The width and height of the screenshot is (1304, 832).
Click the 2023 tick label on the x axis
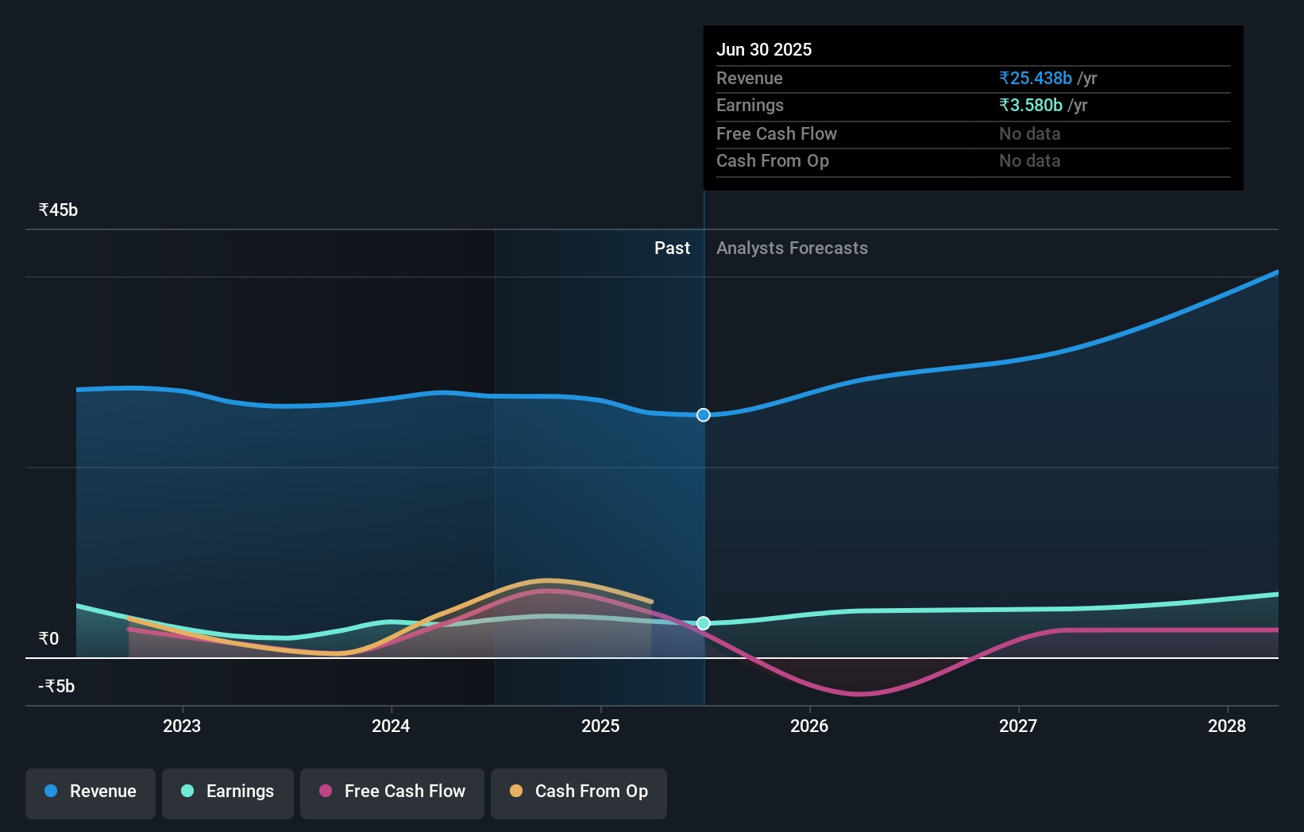[182, 726]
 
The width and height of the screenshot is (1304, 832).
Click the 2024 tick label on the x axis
[391, 726]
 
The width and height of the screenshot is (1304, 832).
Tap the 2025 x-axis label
[600, 726]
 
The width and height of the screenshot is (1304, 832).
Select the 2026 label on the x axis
[809, 726]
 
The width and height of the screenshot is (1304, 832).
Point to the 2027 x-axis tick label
[1018, 726]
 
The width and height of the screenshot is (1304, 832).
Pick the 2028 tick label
[1227, 726]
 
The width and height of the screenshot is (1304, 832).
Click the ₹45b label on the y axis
[58, 210]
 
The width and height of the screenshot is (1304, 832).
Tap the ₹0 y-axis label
[48, 638]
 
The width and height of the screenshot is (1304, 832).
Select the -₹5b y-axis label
[56, 686]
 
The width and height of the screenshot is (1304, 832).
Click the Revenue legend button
[91, 792]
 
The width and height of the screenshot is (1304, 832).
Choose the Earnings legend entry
[228, 792]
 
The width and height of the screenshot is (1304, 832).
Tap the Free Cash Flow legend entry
[392, 792]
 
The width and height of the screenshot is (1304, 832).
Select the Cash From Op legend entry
[579, 792]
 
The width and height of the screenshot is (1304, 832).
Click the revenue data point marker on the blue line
[704, 415]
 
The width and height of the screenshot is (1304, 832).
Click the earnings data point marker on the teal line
[704, 623]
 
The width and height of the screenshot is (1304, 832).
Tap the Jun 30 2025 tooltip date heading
[764, 49]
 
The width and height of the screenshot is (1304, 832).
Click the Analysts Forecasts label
[792, 248]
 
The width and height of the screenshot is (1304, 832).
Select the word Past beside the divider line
[672, 248]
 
